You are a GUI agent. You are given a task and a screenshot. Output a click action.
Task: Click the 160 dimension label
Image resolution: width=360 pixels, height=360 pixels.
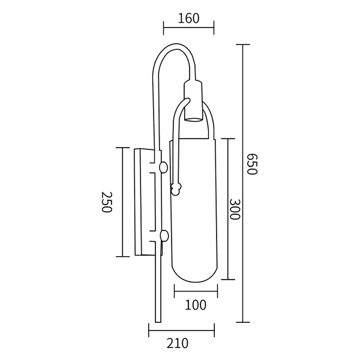tap(188, 19)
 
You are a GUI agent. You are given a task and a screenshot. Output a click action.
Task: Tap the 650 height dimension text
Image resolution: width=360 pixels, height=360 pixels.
tap(251, 164)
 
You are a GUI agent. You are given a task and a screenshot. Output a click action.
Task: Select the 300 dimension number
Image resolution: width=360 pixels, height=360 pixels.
tap(235, 209)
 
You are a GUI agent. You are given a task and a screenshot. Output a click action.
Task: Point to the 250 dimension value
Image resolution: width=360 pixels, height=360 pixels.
tap(107, 202)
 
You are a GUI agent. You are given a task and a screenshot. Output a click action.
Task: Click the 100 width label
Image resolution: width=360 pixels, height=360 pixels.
tap(195, 305)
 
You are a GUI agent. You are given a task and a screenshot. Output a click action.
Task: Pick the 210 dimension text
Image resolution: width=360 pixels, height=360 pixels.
tap(177, 344)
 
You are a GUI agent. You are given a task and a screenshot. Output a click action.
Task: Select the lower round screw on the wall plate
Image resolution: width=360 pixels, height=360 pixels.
tap(164, 236)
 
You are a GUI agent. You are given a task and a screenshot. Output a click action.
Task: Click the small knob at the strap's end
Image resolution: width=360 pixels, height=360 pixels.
tap(176, 190)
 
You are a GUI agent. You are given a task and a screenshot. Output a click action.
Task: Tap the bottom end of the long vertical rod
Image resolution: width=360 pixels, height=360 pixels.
tap(158, 319)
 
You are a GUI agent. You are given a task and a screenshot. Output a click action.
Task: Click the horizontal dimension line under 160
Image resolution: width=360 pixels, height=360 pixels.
tap(188, 28)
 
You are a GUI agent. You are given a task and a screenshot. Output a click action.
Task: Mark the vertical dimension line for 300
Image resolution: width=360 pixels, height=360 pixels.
tap(226, 209)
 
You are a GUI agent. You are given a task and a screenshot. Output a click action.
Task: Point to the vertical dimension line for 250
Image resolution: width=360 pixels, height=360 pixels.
tap(123, 202)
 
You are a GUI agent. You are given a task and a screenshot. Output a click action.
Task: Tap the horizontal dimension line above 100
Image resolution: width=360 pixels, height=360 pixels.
tap(196, 292)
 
